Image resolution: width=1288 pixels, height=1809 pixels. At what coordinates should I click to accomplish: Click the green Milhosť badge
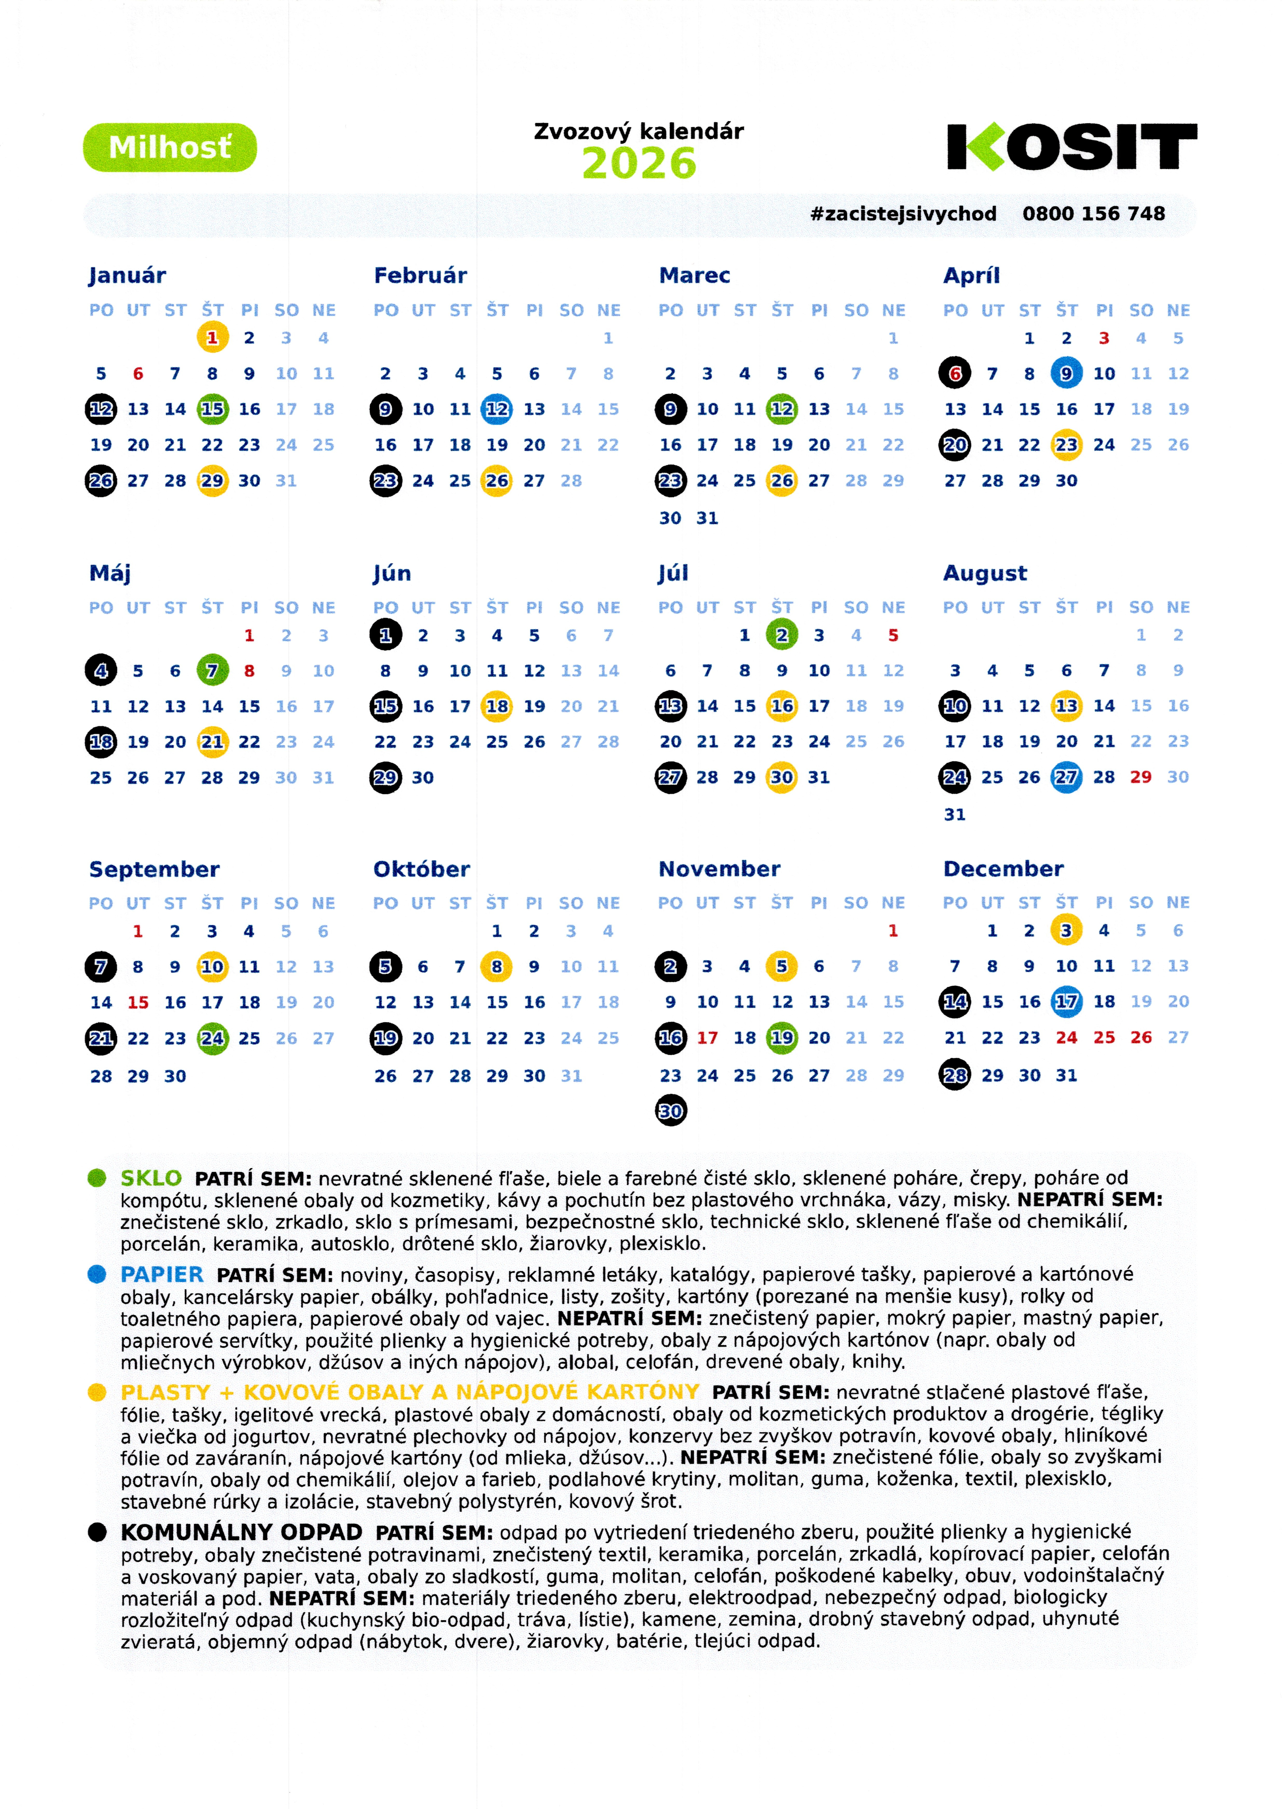click(x=170, y=147)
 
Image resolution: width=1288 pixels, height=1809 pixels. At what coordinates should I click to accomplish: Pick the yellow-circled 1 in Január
click(x=212, y=338)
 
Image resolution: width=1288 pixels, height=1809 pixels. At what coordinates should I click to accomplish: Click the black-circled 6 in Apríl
click(x=955, y=374)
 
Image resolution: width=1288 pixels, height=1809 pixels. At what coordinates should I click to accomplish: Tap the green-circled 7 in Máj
click(x=212, y=671)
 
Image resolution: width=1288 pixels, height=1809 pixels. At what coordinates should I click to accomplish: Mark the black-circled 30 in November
click(x=670, y=1111)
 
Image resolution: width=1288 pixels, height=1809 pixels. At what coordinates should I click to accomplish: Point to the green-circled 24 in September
click(x=212, y=1038)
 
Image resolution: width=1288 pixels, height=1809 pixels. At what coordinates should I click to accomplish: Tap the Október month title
click(x=421, y=869)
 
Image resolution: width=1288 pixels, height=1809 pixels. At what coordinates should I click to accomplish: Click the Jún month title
click(x=392, y=573)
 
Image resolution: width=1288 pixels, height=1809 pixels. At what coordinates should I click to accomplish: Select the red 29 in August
click(x=1141, y=777)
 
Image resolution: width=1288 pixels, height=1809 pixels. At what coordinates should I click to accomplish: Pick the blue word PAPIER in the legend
click(x=162, y=1275)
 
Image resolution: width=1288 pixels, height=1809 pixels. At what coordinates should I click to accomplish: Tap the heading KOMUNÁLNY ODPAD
click(x=241, y=1532)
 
